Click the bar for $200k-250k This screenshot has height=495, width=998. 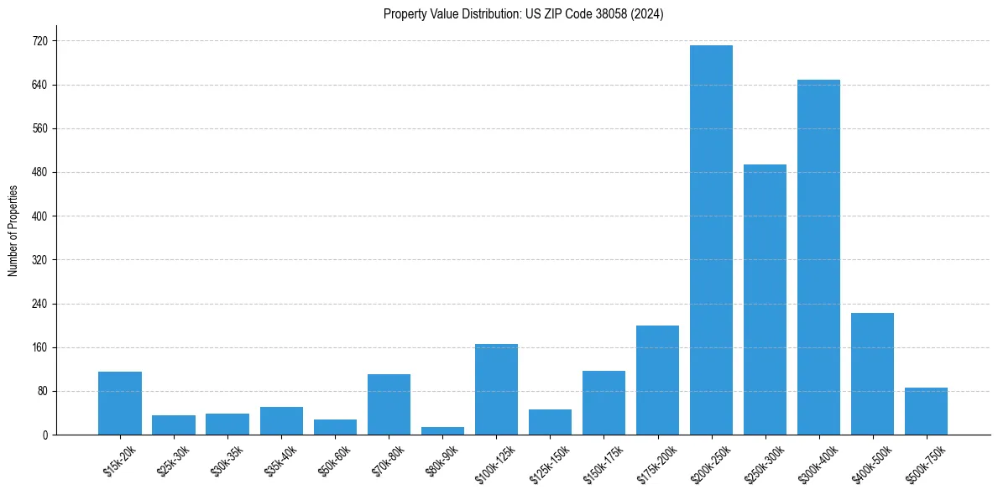coord(711,240)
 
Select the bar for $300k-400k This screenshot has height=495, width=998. coord(818,257)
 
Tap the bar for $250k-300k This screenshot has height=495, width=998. coord(765,300)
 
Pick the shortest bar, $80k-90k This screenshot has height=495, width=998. coord(442,430)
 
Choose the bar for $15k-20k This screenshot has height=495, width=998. coord(120,403)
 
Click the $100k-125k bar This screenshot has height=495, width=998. coord(496,389)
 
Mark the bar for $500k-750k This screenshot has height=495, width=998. coord(926,411)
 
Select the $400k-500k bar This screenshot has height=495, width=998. coord(872,373)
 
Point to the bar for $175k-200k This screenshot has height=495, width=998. coord(657,380)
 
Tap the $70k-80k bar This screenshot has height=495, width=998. coord(389,404)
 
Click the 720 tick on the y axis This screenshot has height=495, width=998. coord(40,41)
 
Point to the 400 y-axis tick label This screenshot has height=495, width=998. coord(40,216)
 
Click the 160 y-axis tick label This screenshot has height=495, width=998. coord(40,347)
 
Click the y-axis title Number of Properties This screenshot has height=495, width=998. coord(13,230)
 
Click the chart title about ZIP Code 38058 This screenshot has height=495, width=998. coord(523,14)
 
